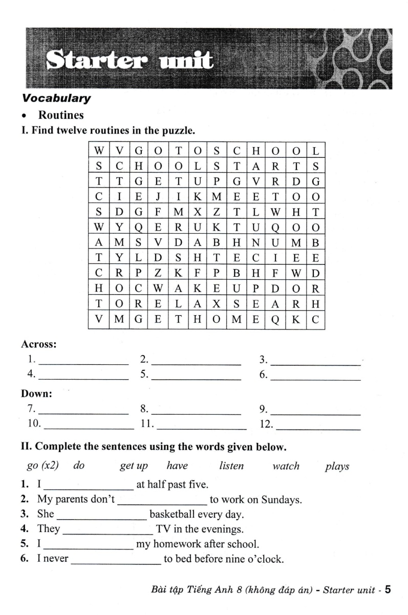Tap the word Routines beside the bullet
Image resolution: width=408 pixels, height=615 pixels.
[x=61, y=115]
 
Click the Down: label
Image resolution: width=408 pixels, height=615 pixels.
[x=36, y=394]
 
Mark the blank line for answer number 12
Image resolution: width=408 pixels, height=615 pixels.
[x=318, y=428]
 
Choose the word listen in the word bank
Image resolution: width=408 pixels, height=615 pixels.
[x=231, y=466]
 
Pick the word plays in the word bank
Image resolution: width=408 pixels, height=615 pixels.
[x=337, y=466]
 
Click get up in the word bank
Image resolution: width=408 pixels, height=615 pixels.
[x=134, y=466]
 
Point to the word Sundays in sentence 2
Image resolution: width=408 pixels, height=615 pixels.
[x=281, y=499]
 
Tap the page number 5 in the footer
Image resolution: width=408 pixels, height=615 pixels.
[x=388, y=589]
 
